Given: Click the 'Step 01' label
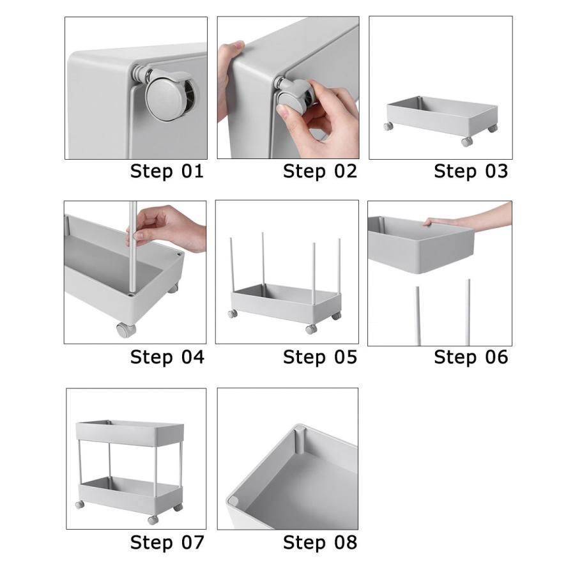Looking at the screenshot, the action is [167, 171].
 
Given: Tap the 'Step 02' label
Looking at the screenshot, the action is [320, 171].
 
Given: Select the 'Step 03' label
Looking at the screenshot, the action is [471, 171].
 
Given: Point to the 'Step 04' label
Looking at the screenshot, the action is [167, 356].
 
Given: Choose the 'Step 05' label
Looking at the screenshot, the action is [320, 356].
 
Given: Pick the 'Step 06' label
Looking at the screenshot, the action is [471, 356].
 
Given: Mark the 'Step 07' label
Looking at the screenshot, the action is [167, 542].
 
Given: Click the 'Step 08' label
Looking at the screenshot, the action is [320, 542].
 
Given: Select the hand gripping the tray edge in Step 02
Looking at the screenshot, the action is [229, 77].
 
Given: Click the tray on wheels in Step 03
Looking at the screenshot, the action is [442, 120].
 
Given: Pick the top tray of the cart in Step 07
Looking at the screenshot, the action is [130, 433].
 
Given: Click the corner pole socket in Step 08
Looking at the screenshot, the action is [300, 440].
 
